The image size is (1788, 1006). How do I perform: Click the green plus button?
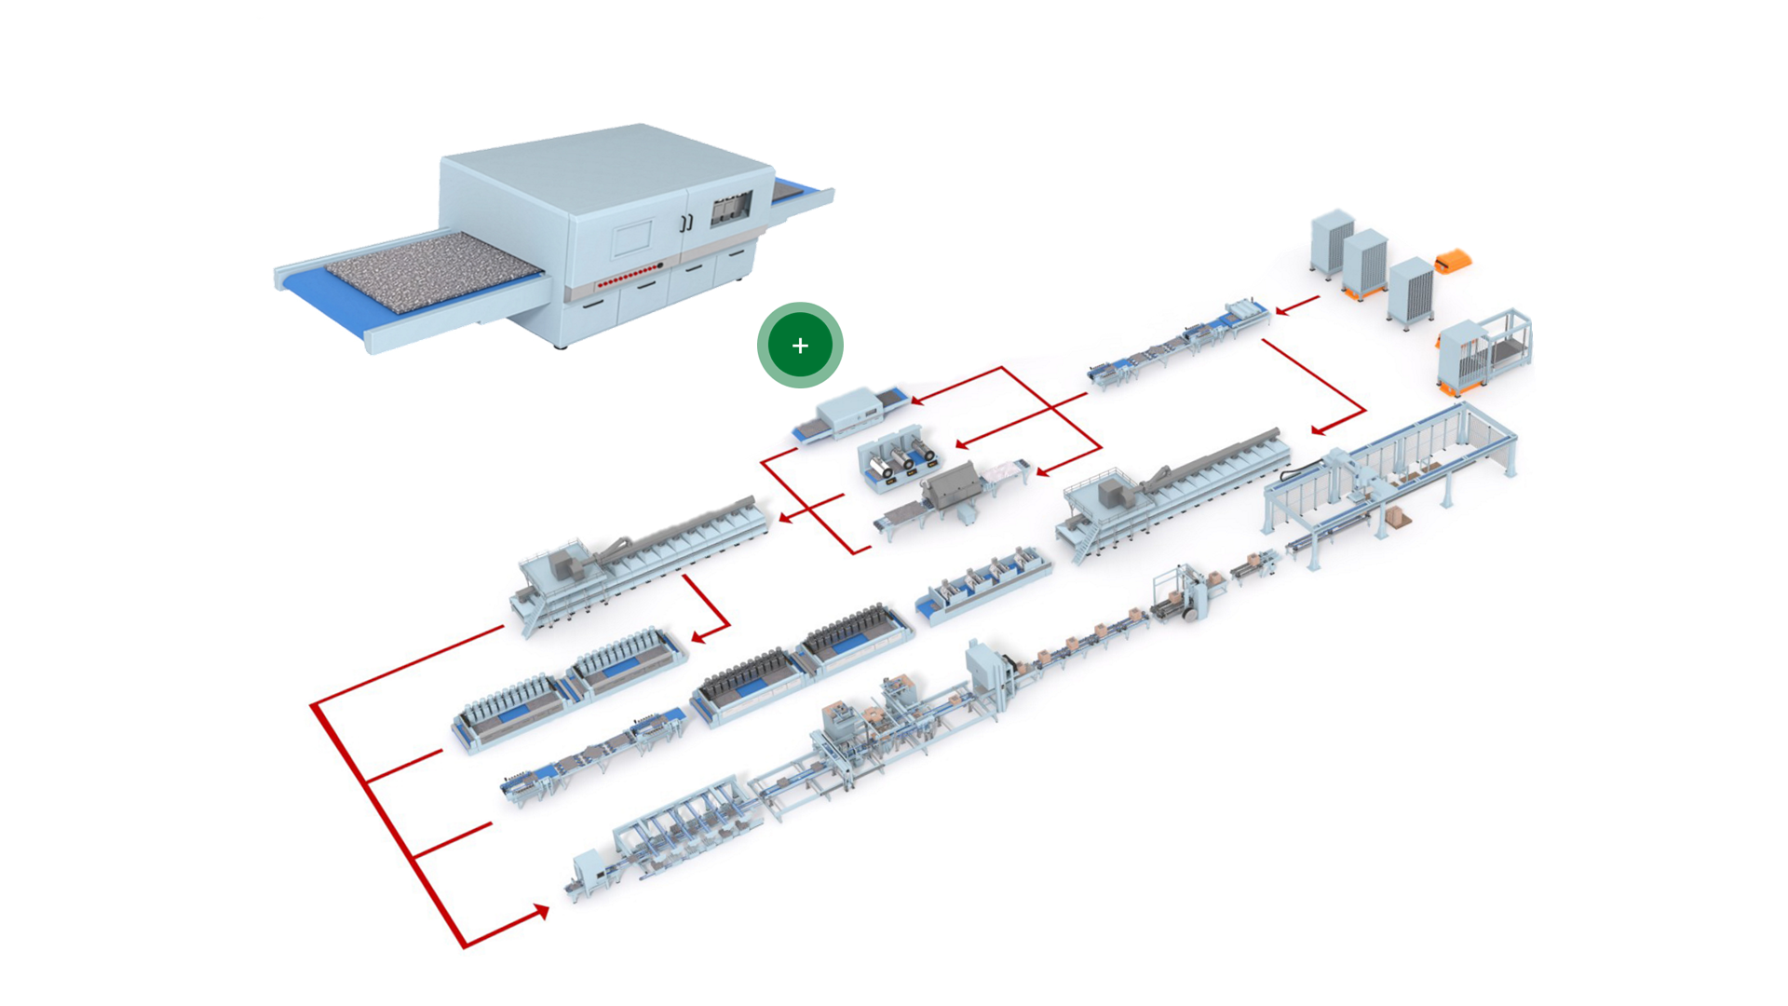tap(800, 346)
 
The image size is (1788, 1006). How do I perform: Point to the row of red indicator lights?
tap(630, 275)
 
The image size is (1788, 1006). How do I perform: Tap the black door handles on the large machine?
tap(686, 223)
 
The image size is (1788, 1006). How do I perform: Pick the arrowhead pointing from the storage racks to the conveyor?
tap(1282, 310)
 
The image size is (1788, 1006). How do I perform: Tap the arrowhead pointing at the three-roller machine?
tap(962, 444)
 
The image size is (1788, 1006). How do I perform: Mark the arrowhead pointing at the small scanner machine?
tap(916, 401)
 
